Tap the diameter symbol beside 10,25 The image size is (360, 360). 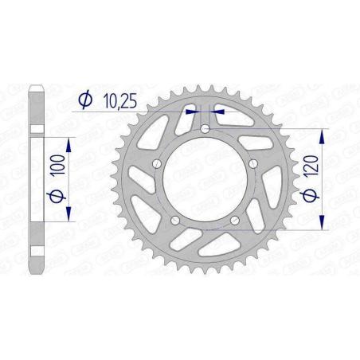click(x=84, y=100)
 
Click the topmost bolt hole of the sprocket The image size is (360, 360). click(x=205, y=128)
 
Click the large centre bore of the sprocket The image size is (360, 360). click(x=205, y=182)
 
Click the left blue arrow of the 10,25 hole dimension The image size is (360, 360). click(x=191, y=112)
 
